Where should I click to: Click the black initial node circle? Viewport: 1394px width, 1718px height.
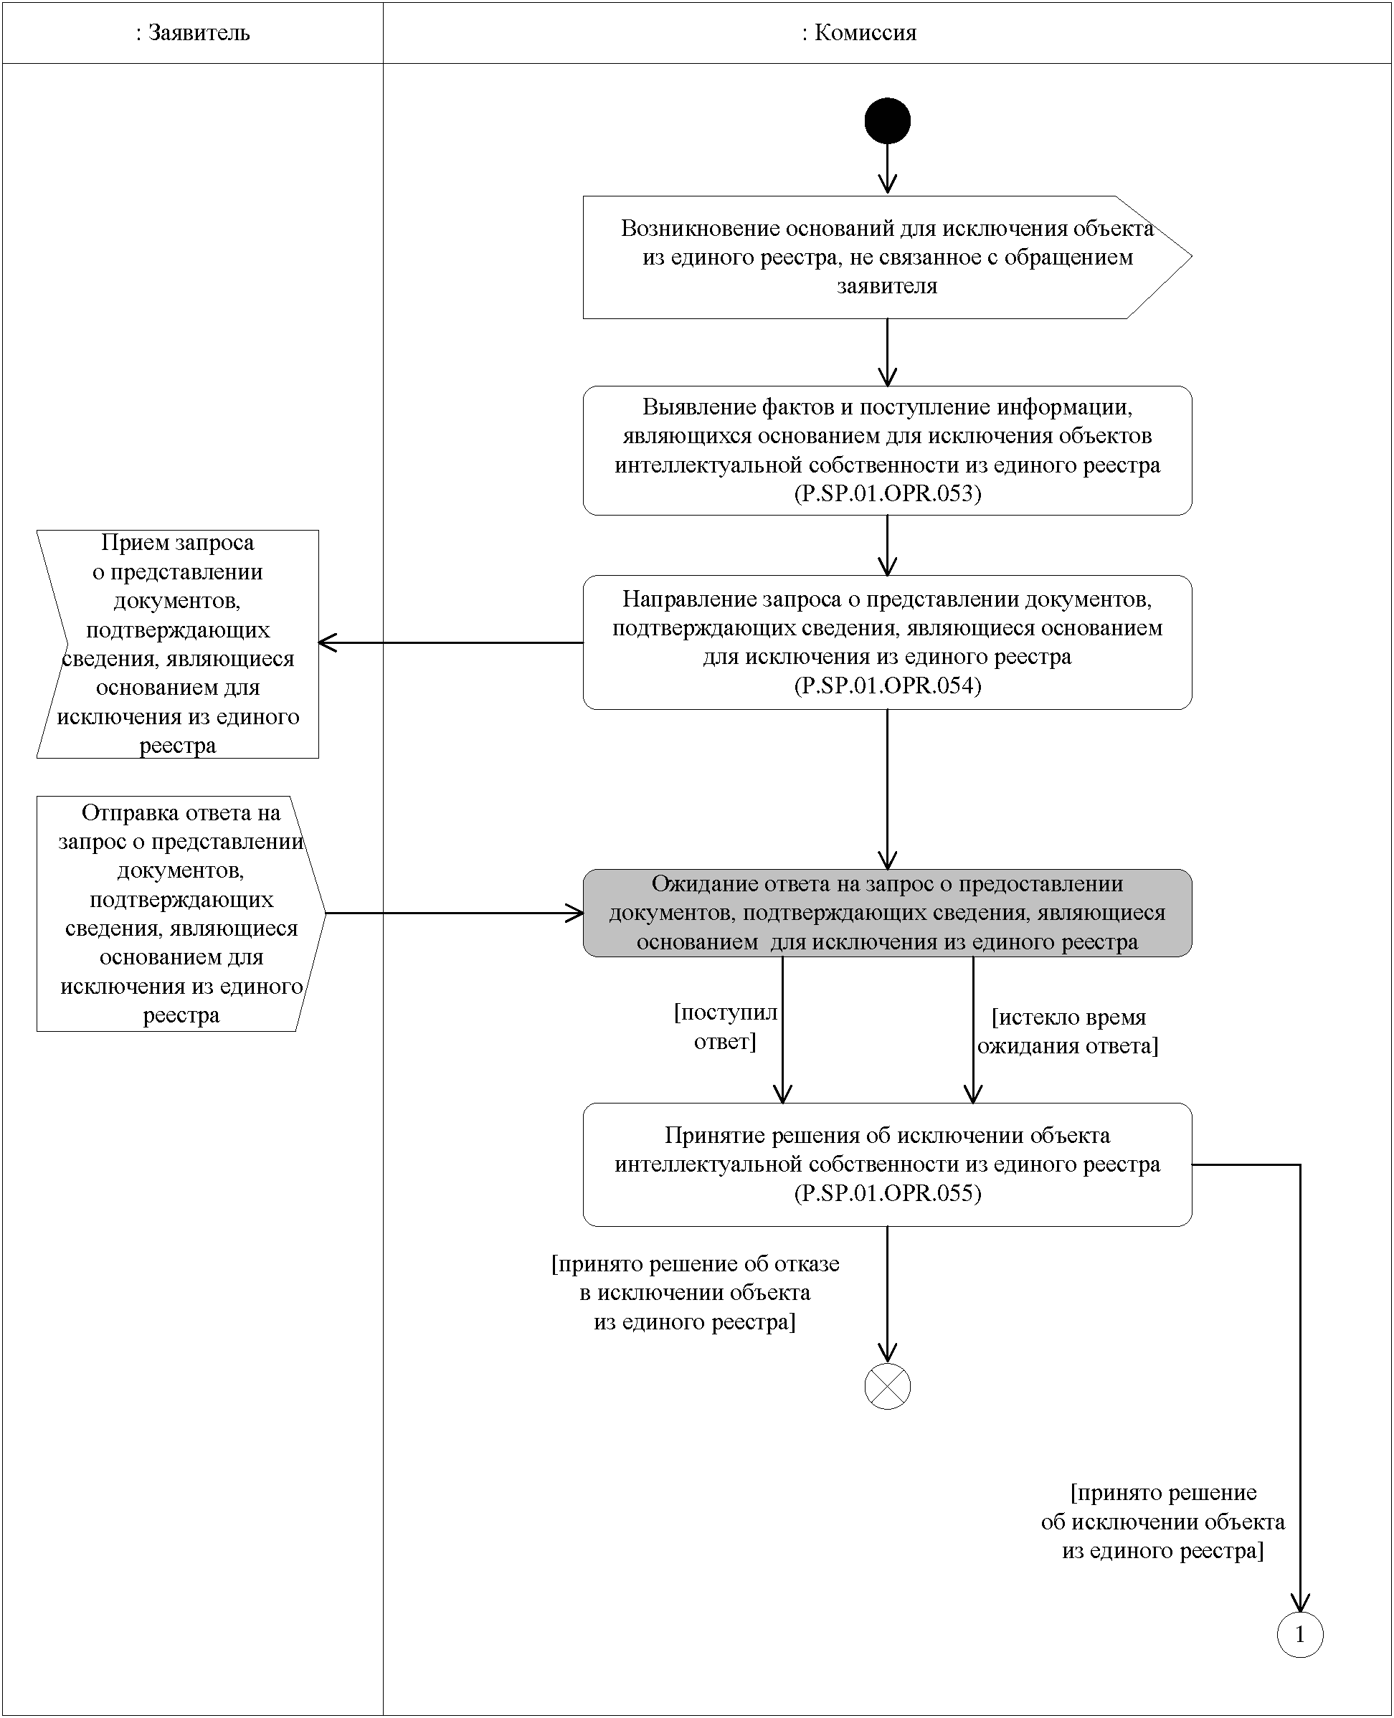pos(887,121)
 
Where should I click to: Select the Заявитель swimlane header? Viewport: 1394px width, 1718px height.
pos(193,33)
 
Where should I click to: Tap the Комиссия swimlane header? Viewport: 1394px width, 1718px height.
pos(859,33)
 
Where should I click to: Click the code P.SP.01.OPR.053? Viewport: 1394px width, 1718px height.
pos(887,493)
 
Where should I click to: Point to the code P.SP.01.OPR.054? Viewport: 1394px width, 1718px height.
pos(887,685)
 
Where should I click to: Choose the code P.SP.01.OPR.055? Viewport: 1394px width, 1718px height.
pos(887,1193)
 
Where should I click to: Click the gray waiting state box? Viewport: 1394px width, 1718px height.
pos(887,913)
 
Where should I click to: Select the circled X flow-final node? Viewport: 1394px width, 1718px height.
pos(887,1387)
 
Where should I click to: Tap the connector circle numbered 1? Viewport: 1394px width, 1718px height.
pos(1300,1635)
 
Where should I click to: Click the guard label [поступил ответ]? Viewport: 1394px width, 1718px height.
pos(725,1027)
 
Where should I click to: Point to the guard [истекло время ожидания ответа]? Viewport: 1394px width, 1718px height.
pos(1068,1032)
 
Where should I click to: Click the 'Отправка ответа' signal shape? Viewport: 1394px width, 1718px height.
pos(181,913)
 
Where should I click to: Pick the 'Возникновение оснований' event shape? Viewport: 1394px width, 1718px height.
pos(886,257)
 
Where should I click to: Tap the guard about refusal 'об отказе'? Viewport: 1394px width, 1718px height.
pos(696,1293)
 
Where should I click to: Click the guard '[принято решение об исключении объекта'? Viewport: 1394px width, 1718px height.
pos(1162,1522)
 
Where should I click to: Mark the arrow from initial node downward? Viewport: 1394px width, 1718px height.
pos(887,169)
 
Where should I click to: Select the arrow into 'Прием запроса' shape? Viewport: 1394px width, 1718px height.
pos(450,643)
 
